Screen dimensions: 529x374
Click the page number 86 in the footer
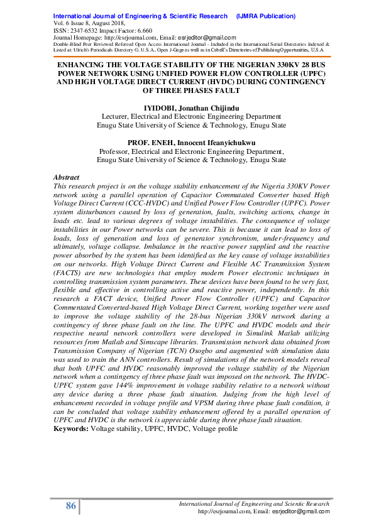(70, 507)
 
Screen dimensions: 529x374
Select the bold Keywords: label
(71, 428)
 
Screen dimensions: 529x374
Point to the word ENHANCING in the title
(86, 64)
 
